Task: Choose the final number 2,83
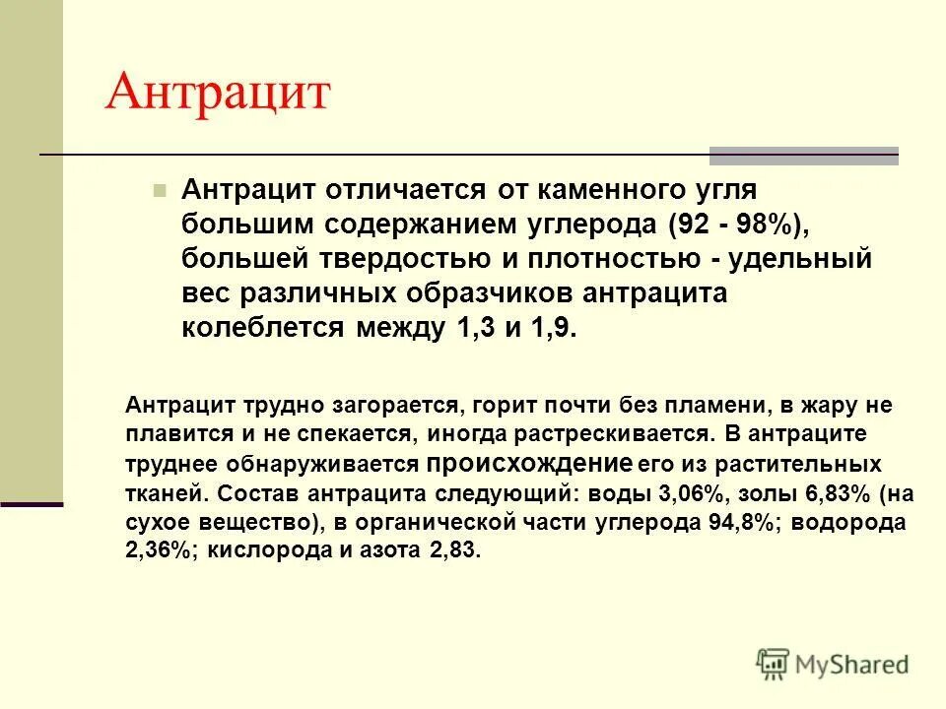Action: tap(453, 551)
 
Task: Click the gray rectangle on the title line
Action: tap(804, 156)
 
